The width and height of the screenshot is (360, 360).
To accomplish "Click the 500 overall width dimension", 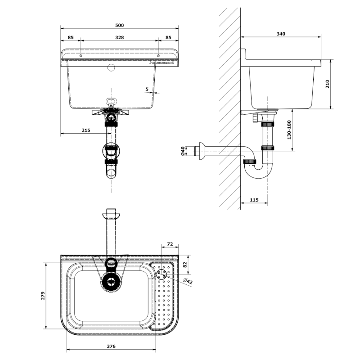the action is click(x=119, y=25).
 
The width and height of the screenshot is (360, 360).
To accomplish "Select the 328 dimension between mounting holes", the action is click(x=119, y=37).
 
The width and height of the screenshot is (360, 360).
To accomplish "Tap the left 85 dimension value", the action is click(x=71, y=37).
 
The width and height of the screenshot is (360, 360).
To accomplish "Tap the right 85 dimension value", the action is click(x=168, y=37).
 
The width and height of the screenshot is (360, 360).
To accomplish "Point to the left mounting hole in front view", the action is click(x=81, y=56).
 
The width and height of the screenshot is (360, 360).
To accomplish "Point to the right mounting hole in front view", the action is click(x=158, y=56).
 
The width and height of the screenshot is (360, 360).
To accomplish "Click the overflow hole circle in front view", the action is click(x=111, y=67).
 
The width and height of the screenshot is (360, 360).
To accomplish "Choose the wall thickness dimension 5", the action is click(x=147, y=89).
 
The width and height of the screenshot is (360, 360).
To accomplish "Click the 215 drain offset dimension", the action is click(x=86, y=130).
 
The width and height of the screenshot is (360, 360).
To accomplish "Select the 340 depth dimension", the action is click(x=280, y=34).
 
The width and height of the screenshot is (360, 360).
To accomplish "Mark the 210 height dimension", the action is click(x=328, y=84).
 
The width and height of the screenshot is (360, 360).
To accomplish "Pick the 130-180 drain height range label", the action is click(x=289, y=130).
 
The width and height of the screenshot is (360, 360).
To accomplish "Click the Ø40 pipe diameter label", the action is click(x=183, y=151).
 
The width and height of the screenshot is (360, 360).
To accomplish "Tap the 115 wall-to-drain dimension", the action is click(x=254, y=200).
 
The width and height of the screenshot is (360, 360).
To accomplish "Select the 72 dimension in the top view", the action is click(x=170, y=244).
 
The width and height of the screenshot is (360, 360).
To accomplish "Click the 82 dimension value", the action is click(x=185, y=264).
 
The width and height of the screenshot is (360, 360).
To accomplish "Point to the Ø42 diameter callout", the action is click(x=188, y=281).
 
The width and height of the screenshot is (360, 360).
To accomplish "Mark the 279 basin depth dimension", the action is click(x=43, y=296).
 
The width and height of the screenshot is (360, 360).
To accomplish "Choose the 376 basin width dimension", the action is click(x=111, y=346).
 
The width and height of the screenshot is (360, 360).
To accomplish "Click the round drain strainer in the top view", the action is click(x=111, y=282).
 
